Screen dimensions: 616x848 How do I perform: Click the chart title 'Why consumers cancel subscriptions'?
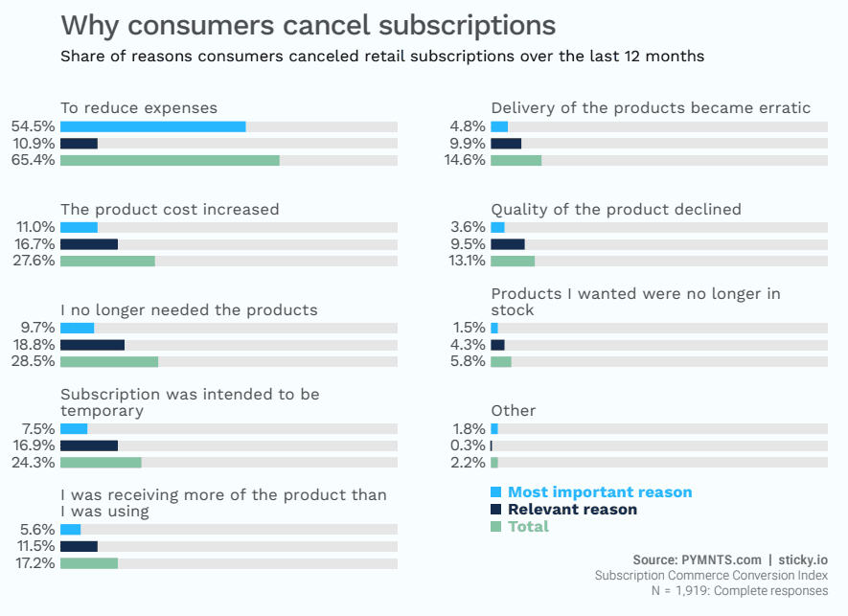[x=308, y=25]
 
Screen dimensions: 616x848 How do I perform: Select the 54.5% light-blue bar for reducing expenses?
[x=152, y=126]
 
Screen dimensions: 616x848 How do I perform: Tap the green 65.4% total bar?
[x=170, y=160]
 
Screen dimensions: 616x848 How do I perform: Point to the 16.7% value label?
[x=35, y=244]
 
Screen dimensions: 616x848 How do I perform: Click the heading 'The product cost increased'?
[x=170, y=209]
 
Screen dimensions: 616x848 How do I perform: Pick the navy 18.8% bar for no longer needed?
[x=92, y=345]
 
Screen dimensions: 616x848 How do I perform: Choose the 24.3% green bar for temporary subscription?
[x=101, y=463]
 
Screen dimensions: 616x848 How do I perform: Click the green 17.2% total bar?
[x=89, y=563]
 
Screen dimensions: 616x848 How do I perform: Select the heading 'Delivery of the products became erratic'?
[x=651, y=107]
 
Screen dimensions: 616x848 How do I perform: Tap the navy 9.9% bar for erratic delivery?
[x=506, y=144]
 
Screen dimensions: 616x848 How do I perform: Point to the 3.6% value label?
[x=467, y=227]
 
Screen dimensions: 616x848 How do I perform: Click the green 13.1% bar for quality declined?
[x=513, y=261]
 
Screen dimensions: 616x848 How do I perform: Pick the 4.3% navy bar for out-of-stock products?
[x=497, y=345]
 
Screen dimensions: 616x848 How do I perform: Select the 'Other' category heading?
[x=514, y=410]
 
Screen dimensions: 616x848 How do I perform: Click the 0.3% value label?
[x=467, y=445]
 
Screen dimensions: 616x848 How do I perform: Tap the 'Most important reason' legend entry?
[x=599, y=492]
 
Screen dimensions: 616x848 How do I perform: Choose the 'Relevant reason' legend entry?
[x=572, y=510]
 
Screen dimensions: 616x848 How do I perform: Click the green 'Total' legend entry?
[x=528, y=527]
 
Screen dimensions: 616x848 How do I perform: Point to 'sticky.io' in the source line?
[x=803, y=559]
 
